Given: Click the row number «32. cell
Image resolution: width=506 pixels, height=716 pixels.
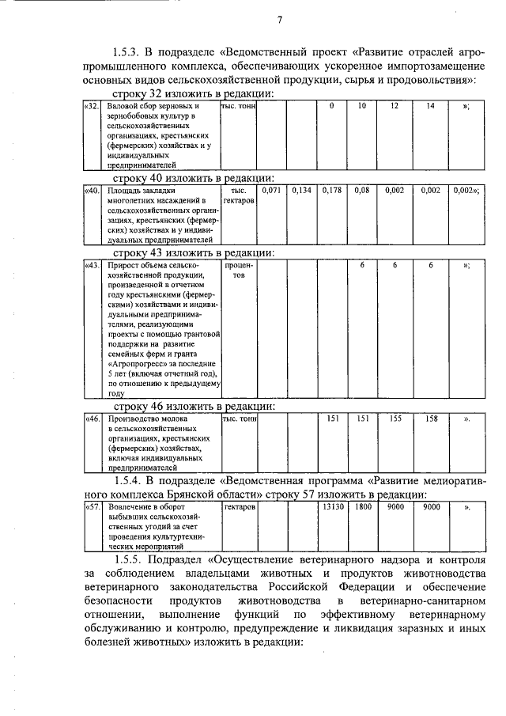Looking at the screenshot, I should pos(93,106).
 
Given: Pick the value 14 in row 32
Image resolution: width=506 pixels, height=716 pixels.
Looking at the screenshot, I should pos(430,106).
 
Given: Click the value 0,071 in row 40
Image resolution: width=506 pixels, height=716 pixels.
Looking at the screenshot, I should pos(271,191).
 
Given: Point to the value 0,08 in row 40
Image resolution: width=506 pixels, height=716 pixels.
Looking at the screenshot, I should pos(362,191).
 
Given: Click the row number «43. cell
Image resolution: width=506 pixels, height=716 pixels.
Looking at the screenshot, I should pos(93,265).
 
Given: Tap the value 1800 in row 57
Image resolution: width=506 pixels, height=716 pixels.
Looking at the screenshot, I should pos(362,503).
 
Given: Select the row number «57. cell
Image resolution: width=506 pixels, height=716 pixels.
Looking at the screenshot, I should pos(93,503).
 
